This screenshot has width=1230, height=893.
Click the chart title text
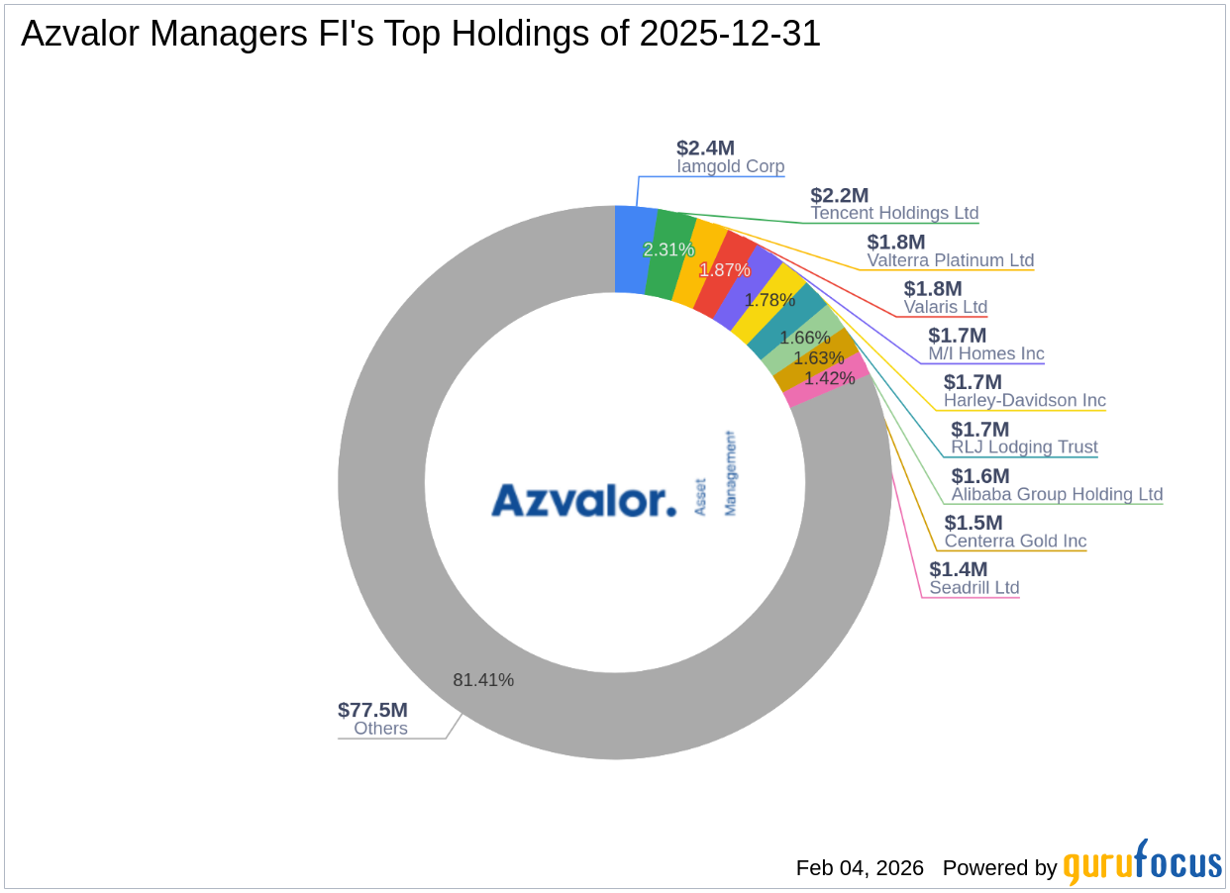(421, 35)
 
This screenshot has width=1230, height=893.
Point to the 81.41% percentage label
(483, 680)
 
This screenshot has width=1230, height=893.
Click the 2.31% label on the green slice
(668, 249)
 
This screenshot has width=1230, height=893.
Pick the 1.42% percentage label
(829, 378)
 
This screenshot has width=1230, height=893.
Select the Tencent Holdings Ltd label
(894, 213)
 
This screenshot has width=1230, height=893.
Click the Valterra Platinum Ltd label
(950, 260)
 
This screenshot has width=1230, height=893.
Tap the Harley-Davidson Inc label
(1024, 401)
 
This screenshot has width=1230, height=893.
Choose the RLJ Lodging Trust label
(1024, 447)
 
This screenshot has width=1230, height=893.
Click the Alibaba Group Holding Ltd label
(1057, 494)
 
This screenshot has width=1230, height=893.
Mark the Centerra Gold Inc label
(1015, 542)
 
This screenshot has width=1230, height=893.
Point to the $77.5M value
(372, 710)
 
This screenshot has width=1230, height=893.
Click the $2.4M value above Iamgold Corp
(705, 149)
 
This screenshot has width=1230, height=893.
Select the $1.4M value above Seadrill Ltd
(958, 569)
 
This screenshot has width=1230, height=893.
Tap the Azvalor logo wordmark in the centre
(583, 500)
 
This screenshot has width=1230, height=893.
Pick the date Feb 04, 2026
(860, 868)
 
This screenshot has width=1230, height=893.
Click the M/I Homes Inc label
(985, 354)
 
